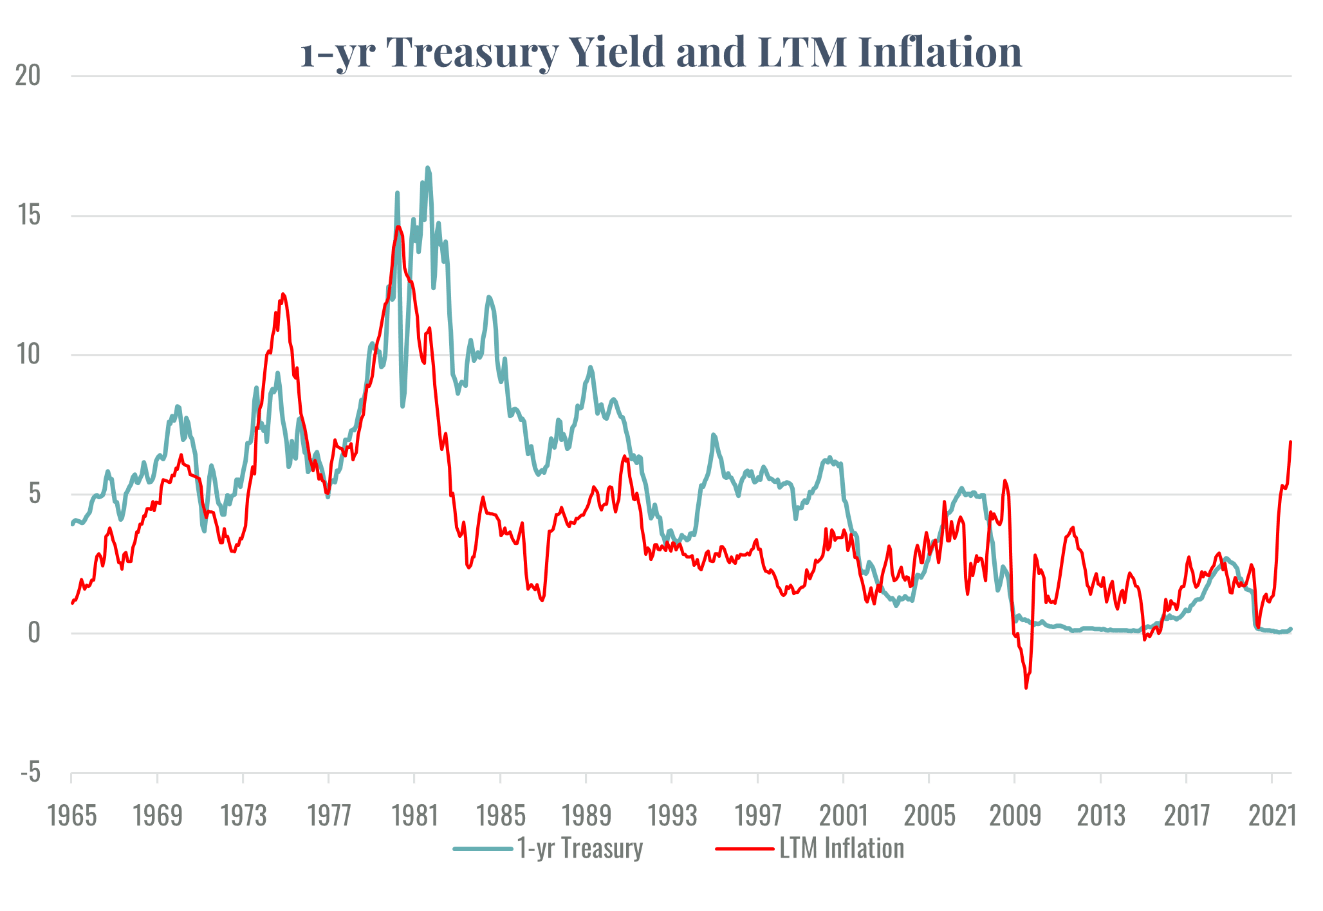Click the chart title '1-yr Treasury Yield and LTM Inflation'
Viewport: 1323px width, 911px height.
(661, 51)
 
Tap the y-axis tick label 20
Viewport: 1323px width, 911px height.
(28, 76)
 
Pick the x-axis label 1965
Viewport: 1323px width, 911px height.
(72, 816)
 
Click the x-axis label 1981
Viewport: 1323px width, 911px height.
(415, 816)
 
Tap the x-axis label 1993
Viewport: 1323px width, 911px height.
(672, 816)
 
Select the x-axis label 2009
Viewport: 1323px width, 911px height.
(1015, 816)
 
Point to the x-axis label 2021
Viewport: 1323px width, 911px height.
(1272, 816)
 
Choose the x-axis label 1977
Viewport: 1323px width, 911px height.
(329, 816)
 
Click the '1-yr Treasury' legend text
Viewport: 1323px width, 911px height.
(580, 849)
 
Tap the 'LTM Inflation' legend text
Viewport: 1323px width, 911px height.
(842, 849)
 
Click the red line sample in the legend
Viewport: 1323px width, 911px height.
(745, 849)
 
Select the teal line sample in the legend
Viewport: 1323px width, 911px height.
(483, 849)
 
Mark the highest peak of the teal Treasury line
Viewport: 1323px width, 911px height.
(427, 168)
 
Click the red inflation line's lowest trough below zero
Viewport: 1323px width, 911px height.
(1026, 688)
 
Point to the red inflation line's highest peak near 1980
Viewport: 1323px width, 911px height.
(399, 226)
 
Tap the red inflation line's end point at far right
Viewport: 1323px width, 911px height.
(1291, 441)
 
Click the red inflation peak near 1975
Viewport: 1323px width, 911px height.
(283, 294)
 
